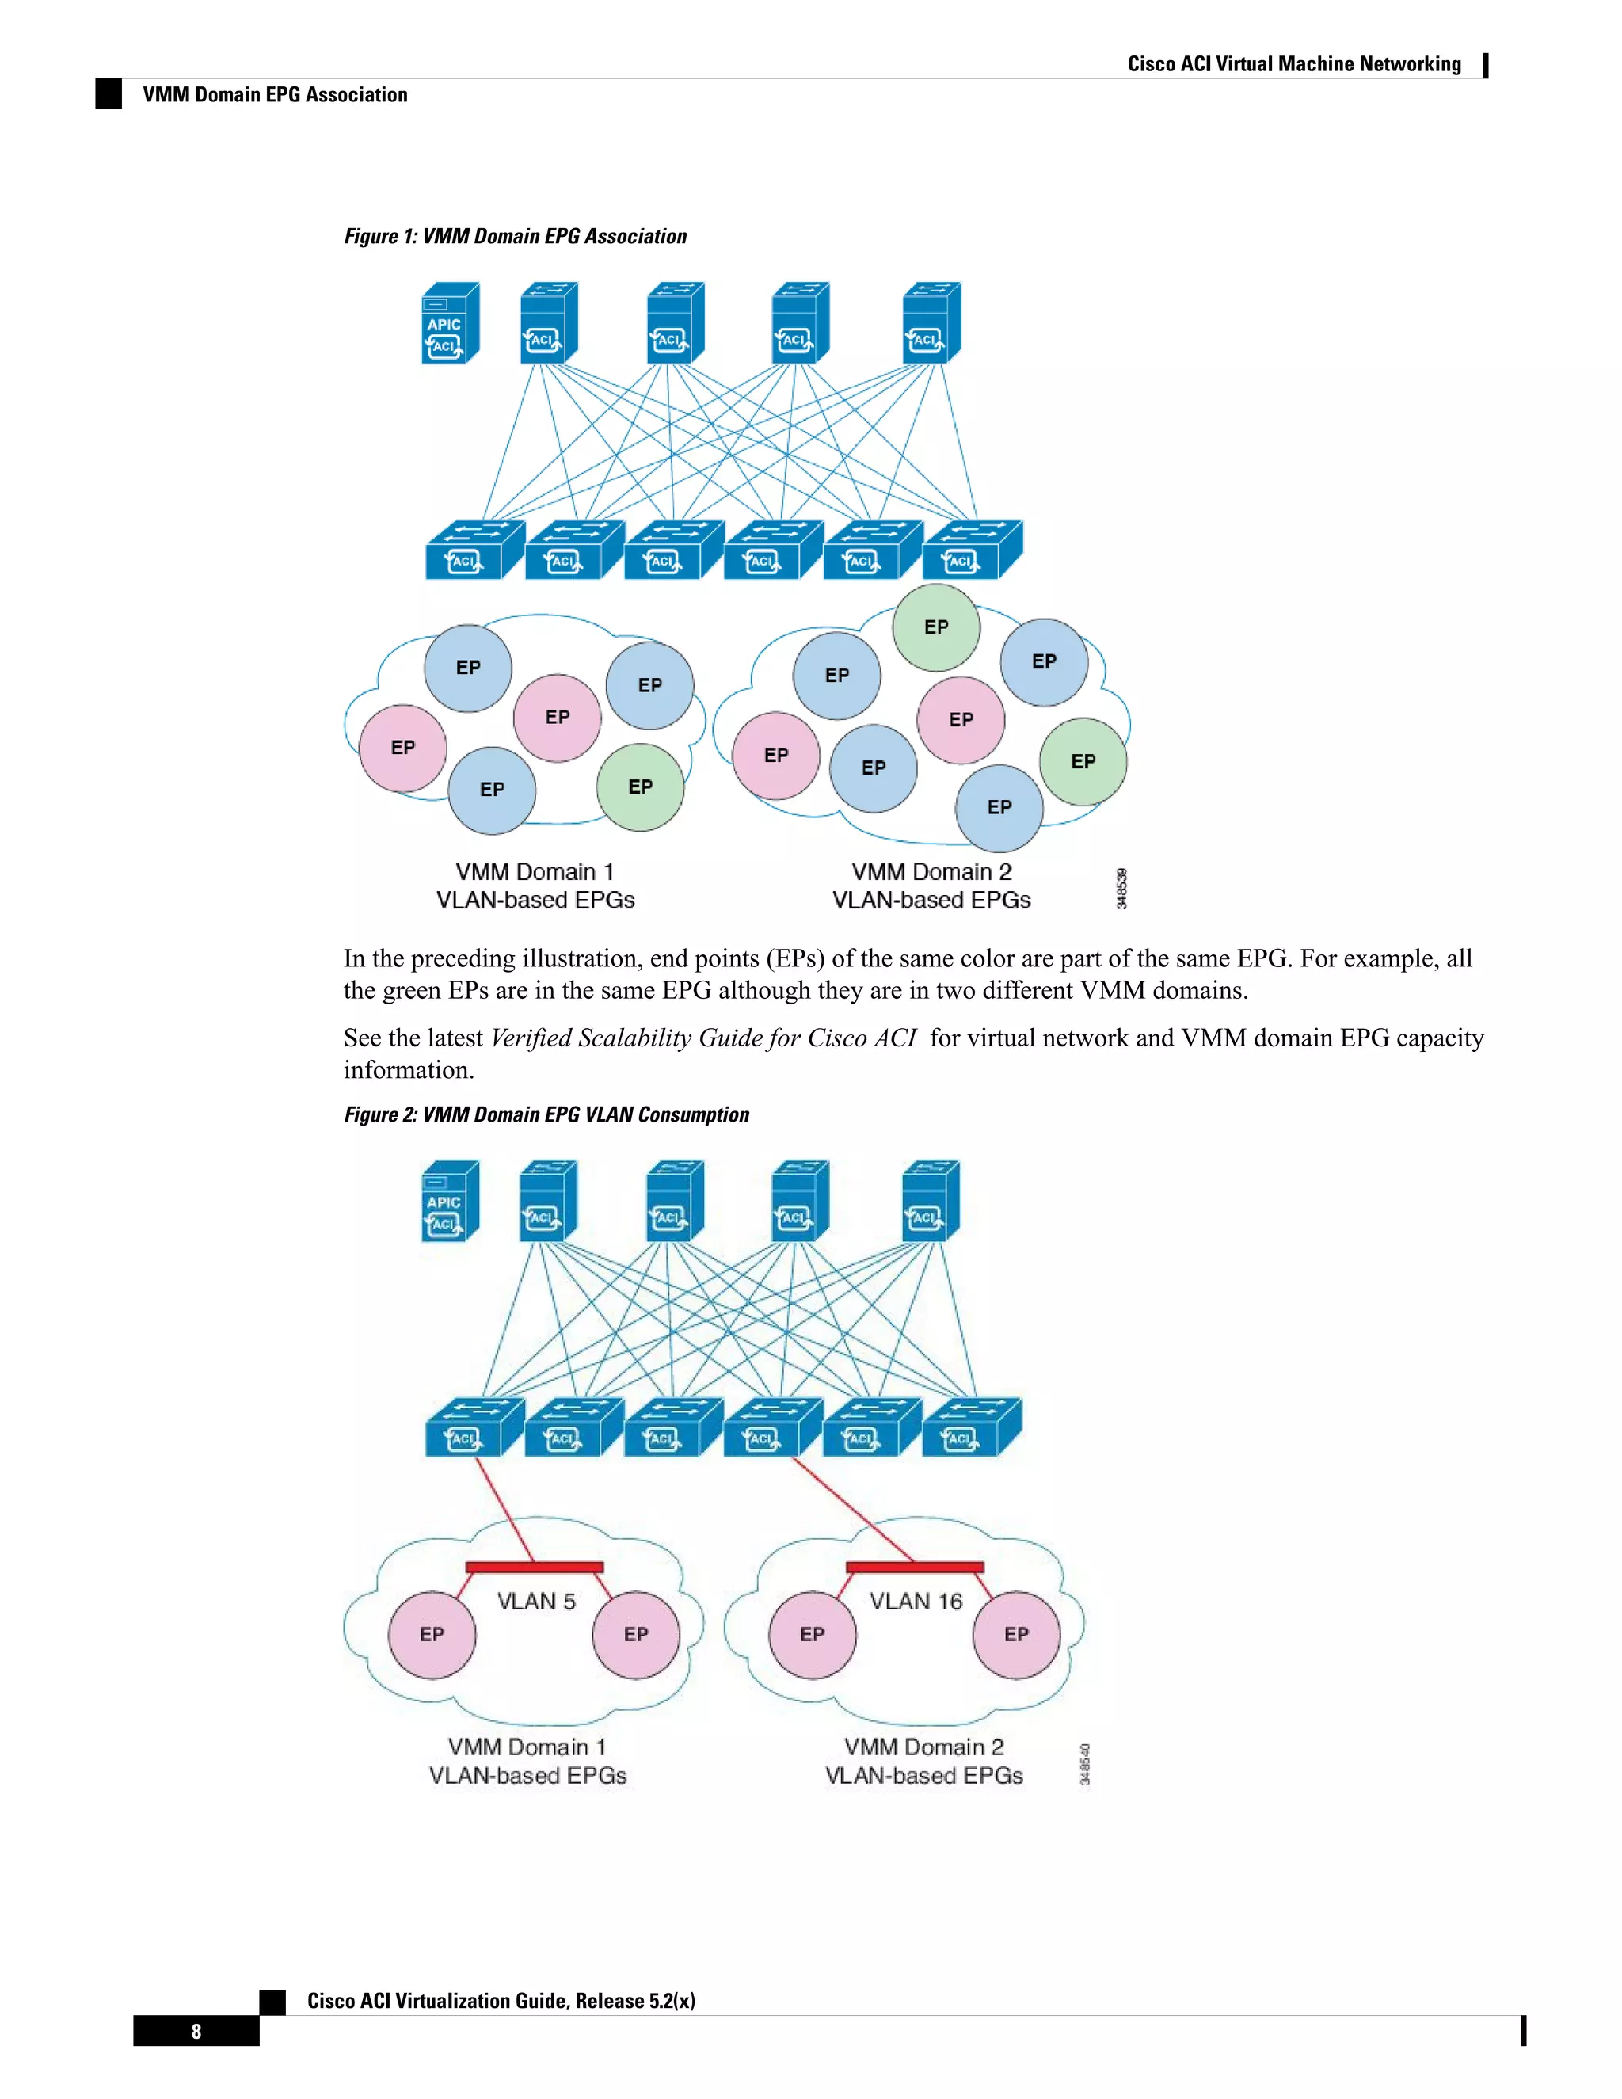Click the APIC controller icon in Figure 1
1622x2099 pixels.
[450, 323]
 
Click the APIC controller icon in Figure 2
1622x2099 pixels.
[450, 1202]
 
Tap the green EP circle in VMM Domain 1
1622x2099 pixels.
[640, 787]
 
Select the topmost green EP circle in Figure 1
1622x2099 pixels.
[936, 627]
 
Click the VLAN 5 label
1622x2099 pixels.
[536, 1601]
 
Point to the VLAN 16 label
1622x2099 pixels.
[916, 1601]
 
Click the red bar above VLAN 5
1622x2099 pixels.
[535, 1568]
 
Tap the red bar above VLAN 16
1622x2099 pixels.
[915, 1568]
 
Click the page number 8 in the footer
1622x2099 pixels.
[196, 2031]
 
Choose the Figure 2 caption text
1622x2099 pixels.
[546, 1115]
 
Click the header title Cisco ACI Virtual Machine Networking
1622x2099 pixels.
[1293, 64]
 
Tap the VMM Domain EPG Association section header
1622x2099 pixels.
[275, 95]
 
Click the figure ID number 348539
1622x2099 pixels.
[1121, 888]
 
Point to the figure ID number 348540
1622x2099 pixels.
[1085, 1765]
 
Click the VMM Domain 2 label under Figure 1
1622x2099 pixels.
[931, 873]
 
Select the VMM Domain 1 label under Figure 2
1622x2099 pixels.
[527, 1747]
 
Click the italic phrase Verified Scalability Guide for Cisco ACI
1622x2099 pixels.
[703, 1038]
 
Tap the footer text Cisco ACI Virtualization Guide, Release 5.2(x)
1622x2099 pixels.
[501, 2001]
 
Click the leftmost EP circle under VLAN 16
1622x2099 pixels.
[812, 1635]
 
